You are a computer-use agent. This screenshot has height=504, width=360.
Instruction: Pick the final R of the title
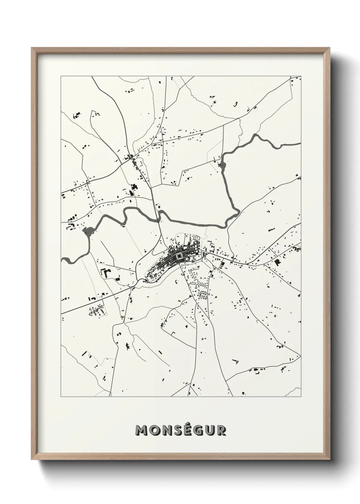coord(221,430)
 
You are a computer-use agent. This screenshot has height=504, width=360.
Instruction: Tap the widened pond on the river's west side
coord(88,232)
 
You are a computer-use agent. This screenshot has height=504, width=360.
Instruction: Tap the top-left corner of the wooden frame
coord(32,48)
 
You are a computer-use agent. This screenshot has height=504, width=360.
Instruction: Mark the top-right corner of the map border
coord(301,77)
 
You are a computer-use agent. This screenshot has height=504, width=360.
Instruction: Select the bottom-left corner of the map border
coord(61,397)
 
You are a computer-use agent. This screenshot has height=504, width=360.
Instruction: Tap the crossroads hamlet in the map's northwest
coord(130,158)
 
